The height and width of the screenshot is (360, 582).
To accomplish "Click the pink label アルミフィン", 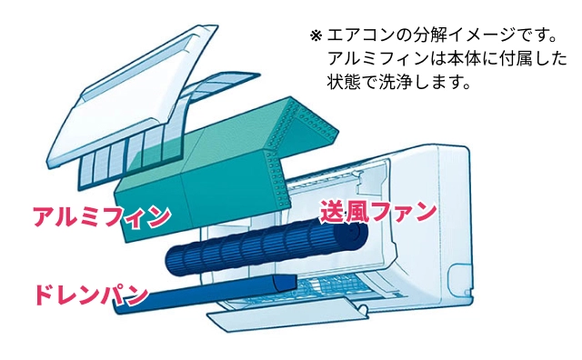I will tap(101, 217).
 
